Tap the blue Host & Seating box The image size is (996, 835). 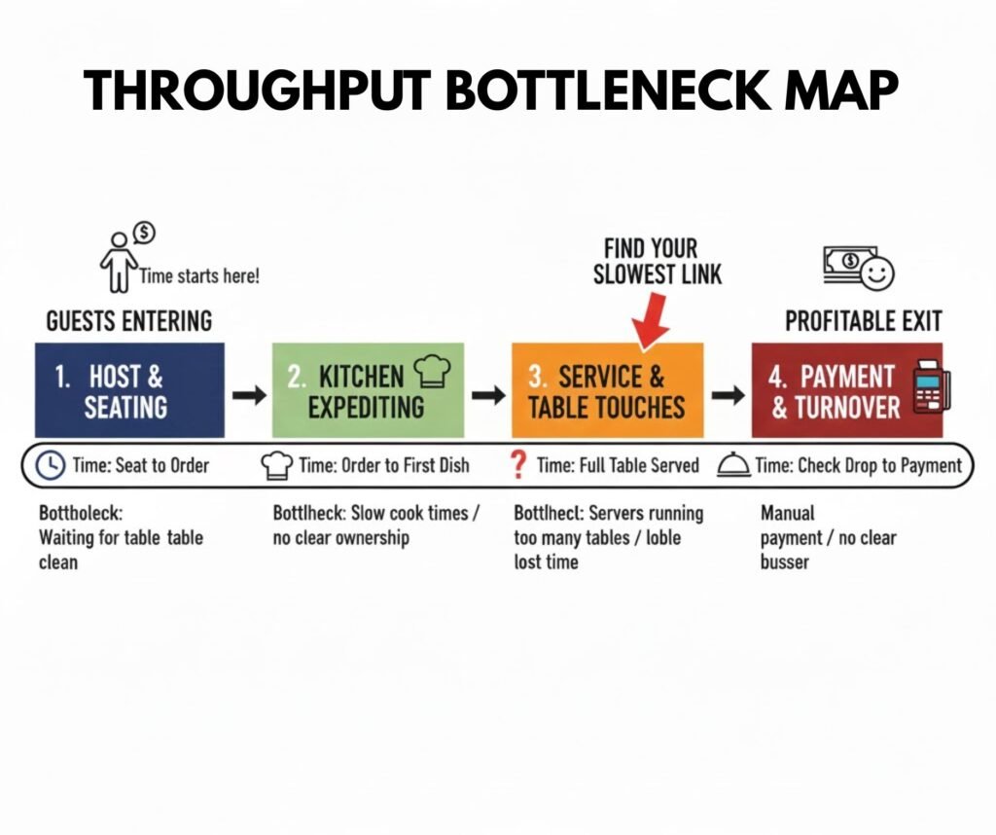(129, 390)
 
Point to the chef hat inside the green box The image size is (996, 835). (432, 371)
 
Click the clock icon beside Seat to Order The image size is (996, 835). (49, 465)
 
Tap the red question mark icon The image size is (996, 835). (518, 465)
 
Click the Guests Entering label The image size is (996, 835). (129, 320)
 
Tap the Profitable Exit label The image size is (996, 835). (863, 320)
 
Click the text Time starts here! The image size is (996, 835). (199, 275)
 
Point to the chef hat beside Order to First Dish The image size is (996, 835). (278, 465)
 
